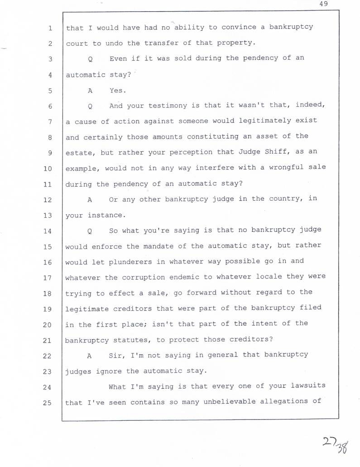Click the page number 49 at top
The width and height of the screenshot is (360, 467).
(323, 4)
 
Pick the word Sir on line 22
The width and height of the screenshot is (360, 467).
(117, 355)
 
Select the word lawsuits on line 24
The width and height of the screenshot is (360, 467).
(308, 386)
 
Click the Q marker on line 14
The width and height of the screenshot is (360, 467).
(90, 231)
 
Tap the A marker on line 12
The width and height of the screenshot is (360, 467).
(90, 199)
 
